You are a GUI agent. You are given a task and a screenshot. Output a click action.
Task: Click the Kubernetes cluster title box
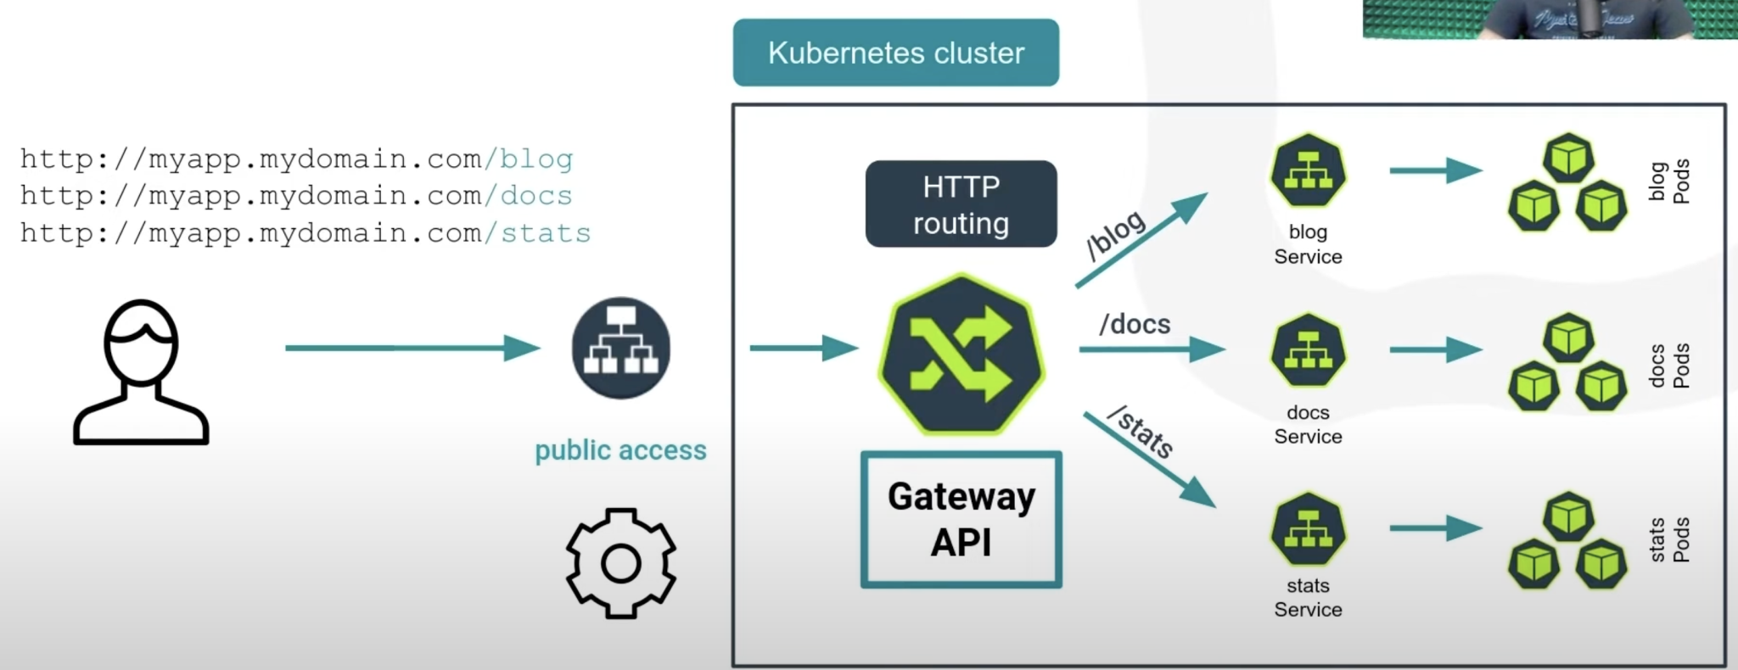pos(895,53)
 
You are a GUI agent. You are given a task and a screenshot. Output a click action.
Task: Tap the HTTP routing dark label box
pos(961,204)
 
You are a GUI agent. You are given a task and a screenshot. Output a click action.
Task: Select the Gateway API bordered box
pos(961,519)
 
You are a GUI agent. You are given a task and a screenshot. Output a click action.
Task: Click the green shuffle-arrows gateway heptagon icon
pos(961,354)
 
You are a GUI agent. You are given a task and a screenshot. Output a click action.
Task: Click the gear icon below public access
pos(620,563)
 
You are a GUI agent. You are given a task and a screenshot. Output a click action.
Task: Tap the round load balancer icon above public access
pos(620,348)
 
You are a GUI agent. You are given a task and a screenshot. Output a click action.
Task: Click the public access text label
pos(620,450)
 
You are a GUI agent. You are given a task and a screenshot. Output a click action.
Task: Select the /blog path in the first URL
pos(529,159)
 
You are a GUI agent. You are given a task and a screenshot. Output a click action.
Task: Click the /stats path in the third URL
pos(537,233)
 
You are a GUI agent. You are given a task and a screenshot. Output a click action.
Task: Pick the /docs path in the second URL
pos(528,196)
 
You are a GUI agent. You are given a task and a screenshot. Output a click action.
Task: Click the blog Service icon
pos(1308,171)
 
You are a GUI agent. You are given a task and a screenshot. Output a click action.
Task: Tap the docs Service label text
pos(1308,424)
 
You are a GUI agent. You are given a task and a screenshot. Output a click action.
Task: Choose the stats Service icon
pos(1308,530)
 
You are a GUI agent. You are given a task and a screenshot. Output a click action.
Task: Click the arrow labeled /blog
pos(1141,240)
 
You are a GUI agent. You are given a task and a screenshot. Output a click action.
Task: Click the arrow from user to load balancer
pos(412,348)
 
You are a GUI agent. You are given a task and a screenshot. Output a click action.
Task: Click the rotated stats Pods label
pos(1668,539)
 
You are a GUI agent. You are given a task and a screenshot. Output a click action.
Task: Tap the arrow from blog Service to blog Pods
pos(1434,170)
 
